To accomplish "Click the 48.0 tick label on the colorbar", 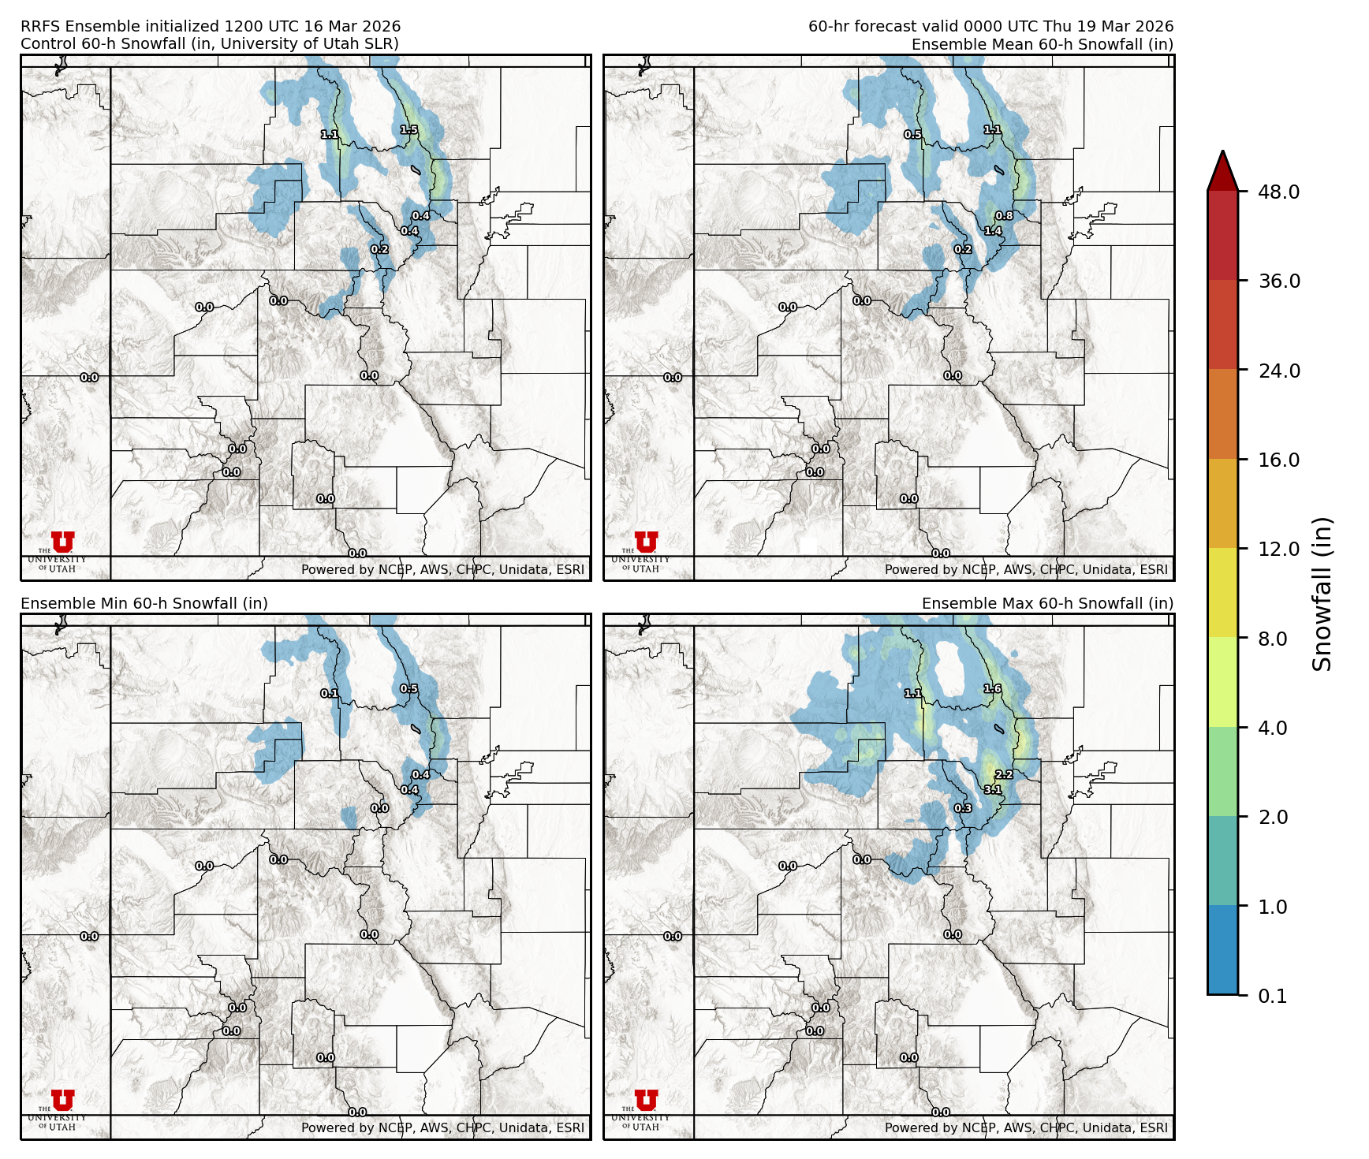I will point(1278,192).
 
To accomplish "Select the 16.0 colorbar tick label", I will point(1278,460).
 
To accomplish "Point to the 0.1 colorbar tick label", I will point(1272,996).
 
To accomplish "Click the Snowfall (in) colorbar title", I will point(1322,594).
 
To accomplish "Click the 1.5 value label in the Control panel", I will point(409,130).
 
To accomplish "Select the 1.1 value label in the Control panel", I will point(330,135).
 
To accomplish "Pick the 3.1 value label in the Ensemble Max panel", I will point(993,790).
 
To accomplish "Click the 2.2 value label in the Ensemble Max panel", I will point(1004,775).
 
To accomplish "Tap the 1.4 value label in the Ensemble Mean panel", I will point(993,231).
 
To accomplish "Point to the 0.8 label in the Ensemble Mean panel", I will point(1004,216).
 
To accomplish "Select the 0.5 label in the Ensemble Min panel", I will point(409,688).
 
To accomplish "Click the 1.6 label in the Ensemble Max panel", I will point(993,688).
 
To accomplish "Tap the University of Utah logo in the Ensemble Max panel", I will point(646,1109).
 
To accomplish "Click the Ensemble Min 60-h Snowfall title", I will point(144,603).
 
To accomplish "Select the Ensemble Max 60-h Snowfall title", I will point(1047,603).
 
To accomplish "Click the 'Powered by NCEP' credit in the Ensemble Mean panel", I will point(1026,569).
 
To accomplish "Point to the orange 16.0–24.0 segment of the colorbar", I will point(1222,415).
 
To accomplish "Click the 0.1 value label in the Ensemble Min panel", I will point(330,694).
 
